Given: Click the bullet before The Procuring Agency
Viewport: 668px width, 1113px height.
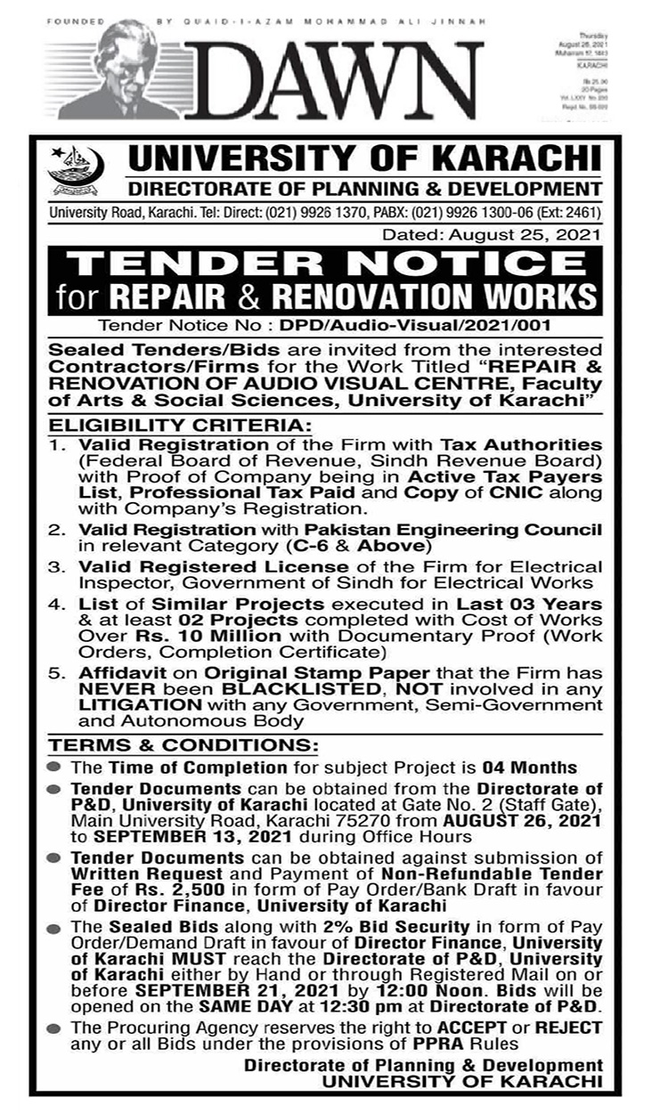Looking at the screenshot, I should [x=56, y=1028].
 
